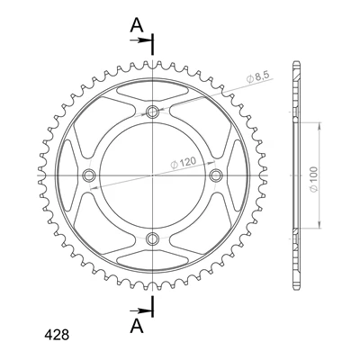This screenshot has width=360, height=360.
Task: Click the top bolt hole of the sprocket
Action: (x=152, y=112)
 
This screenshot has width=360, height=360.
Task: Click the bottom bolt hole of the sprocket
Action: (x=152, y=238)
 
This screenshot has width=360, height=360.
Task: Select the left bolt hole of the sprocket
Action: (x=89, y=175)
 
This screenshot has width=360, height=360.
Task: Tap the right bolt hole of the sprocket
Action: (x=216, y=175)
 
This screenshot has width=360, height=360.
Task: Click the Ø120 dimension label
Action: (x=183, y=163)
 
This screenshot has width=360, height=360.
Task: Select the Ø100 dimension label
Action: (x=313, y=180)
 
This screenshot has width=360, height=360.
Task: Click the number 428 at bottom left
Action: (x=57, y=335)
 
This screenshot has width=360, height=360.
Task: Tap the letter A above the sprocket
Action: (x=137, y=25)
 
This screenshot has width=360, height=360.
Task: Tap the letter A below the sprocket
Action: (x=137, y=326)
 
